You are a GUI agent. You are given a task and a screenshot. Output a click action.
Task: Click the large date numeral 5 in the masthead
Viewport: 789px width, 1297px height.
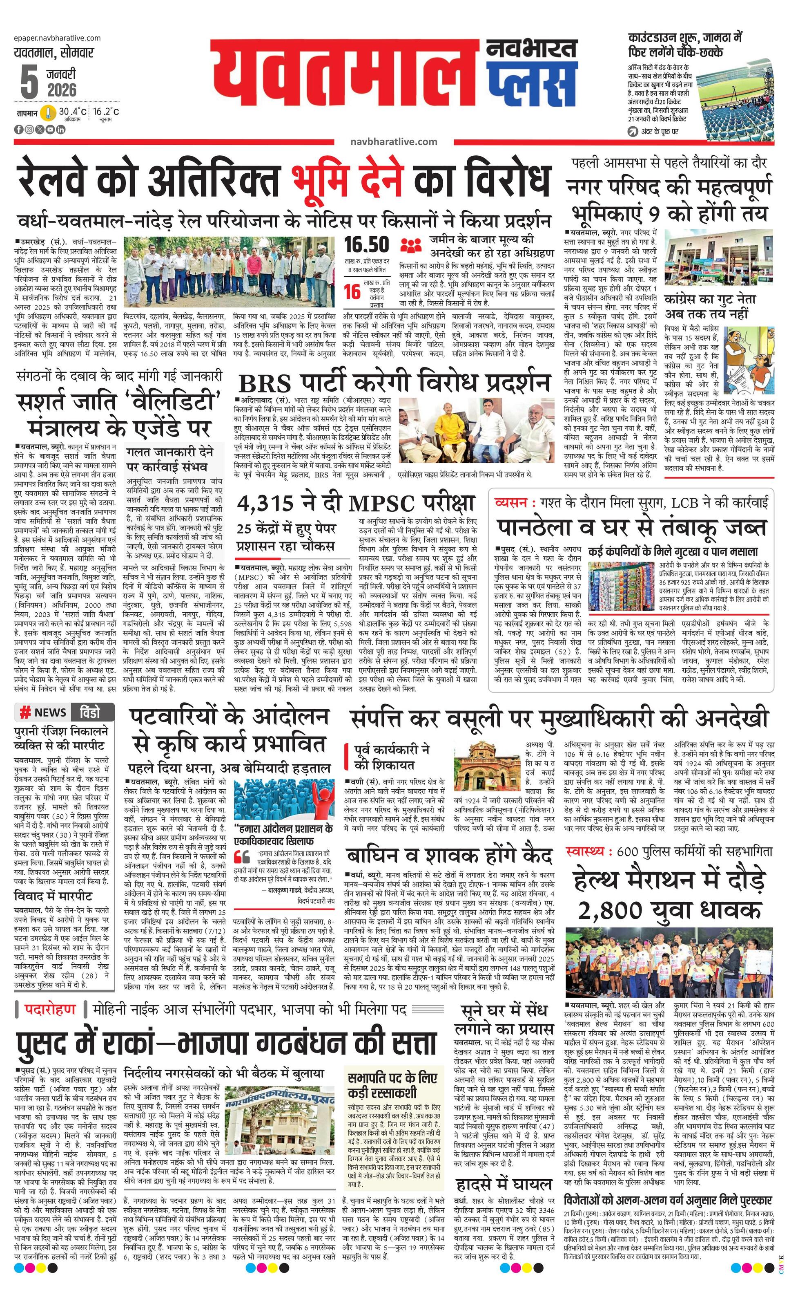coord(29,82)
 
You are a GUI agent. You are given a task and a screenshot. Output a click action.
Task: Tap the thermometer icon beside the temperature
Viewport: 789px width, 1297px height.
coord(48,113)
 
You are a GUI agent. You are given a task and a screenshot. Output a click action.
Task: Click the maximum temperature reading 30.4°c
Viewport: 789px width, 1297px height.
coord(73,112)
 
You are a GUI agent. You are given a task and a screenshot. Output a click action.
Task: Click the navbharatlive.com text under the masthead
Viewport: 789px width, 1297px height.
coord(393,141)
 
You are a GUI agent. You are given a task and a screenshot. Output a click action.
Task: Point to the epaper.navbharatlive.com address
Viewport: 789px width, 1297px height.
coord(57,38)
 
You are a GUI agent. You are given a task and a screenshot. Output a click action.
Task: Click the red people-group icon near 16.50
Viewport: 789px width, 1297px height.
coord(411,245)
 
